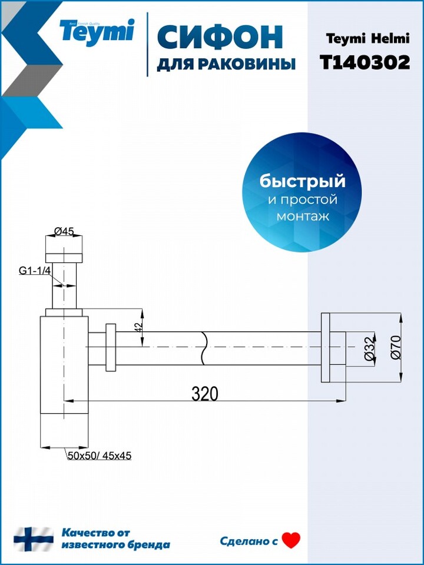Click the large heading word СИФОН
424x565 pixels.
(x=220, y=37)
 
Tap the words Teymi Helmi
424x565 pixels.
(x=367, y=39)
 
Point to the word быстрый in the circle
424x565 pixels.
(x=303, y=181)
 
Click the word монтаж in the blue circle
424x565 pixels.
(x=303, y=217)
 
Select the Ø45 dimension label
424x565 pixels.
(x=64, y=231)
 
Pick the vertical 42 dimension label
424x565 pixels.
(x=140, y=327)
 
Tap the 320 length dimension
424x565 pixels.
(x=205, y=394)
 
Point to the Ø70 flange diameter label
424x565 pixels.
(x=395, y=347)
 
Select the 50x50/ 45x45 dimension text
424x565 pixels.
(x=100, y=456)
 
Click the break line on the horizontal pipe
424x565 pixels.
(x=204, y=348)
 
